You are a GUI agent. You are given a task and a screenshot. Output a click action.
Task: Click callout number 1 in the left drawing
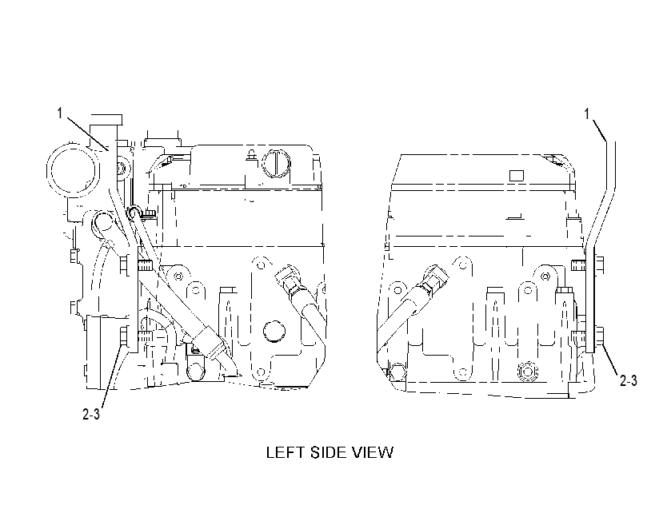[60, 113]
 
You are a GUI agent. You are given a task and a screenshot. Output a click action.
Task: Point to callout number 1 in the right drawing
[587, 113]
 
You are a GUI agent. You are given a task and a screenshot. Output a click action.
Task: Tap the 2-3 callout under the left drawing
[91, 415]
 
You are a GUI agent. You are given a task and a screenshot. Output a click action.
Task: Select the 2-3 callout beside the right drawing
[629, 380]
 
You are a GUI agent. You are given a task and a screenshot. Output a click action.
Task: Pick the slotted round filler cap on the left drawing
[276, 163]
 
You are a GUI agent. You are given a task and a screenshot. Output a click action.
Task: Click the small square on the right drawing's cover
[517, 175]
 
